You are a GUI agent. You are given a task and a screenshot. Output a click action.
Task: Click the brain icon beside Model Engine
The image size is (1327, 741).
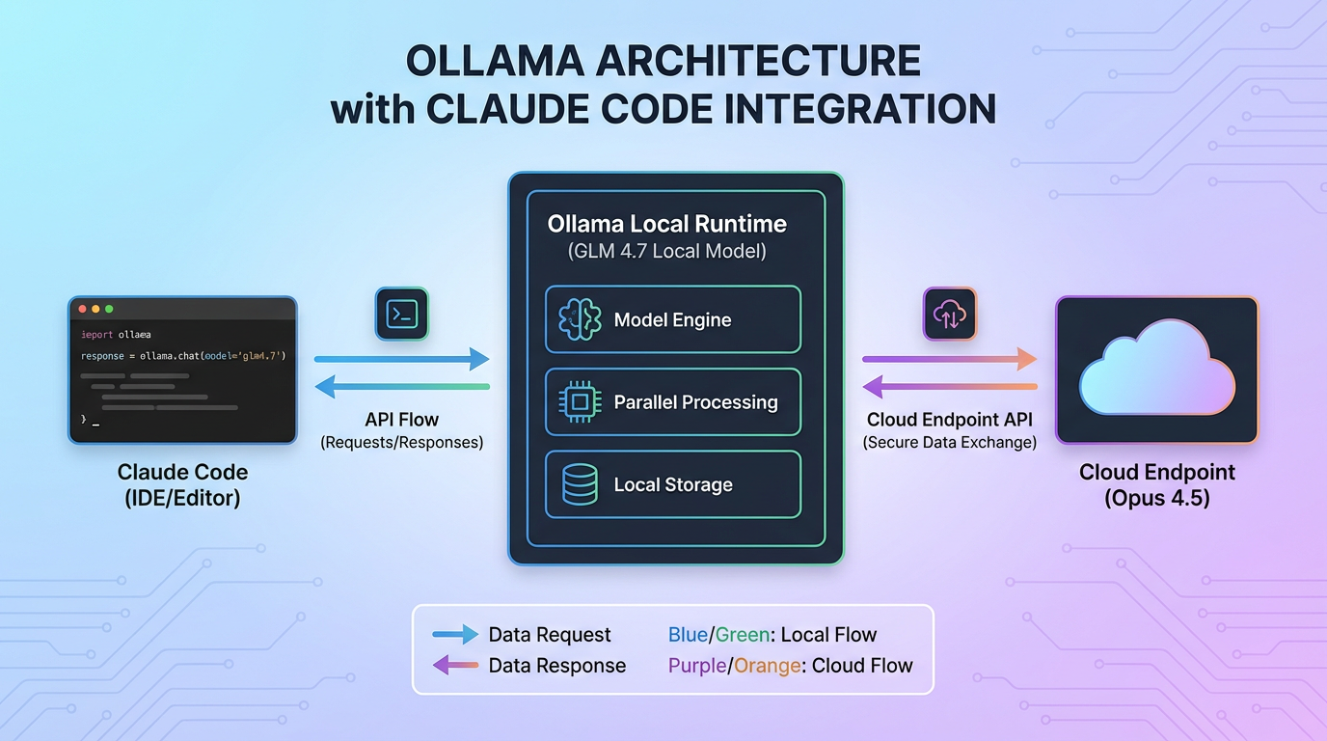[580, 319]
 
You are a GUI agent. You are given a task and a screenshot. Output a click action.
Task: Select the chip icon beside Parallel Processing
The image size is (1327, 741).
[580, 402]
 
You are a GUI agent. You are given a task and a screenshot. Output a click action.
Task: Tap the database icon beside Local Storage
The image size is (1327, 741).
[580, 485]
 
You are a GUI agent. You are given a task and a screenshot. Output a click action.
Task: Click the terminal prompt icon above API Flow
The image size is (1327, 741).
[401, 314]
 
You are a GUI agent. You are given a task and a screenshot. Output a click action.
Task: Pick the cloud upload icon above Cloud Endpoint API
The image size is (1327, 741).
[950, 314]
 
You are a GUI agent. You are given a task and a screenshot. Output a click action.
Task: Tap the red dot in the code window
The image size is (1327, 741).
[83, 309]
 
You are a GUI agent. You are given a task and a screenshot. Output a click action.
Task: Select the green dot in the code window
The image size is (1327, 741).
[109, 309]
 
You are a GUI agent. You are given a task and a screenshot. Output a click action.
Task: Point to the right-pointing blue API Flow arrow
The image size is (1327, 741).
[402, 359]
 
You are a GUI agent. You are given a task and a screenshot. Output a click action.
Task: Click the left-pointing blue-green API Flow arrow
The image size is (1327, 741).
[402, 387]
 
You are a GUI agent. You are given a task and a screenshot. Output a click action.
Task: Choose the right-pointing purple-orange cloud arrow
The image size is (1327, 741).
[950, 359]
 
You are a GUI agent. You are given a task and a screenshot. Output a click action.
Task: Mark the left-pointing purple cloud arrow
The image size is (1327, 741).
[950, 387]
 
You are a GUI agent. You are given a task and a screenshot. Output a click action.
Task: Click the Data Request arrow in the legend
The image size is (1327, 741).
[455, 634]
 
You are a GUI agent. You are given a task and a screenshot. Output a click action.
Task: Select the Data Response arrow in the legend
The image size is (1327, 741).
[455, 665]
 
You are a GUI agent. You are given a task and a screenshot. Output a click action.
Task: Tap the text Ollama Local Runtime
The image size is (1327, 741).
[666, 224]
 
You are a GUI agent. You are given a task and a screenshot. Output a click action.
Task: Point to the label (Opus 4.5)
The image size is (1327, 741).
[1156, 499]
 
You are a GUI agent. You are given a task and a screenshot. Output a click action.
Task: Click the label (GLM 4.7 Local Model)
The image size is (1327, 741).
[666, 252]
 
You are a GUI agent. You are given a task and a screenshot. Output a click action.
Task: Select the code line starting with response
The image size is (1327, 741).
[183, 356]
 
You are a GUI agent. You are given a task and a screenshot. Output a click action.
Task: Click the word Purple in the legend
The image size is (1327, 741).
[696, 665]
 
